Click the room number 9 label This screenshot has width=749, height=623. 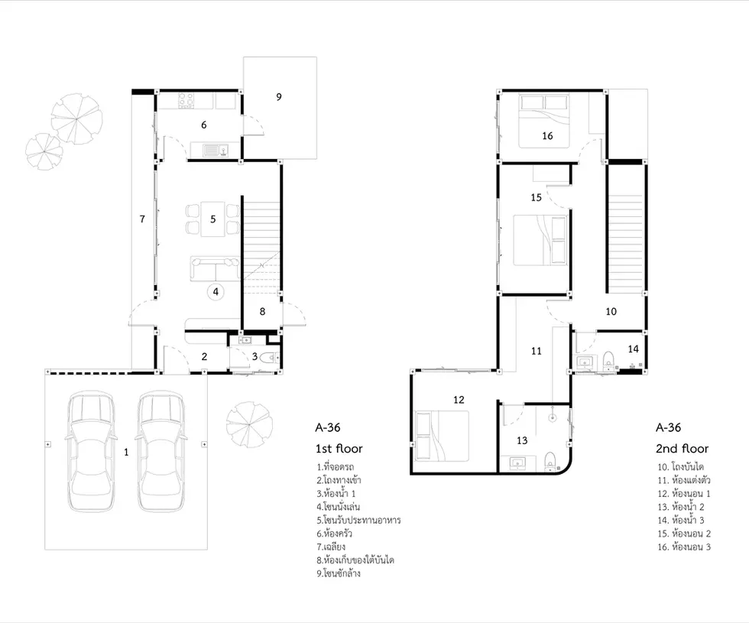point(279,96)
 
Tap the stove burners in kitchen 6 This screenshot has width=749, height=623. point(186,101)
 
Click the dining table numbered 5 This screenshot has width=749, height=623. point(213,219)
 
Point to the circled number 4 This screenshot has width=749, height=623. point(216,291)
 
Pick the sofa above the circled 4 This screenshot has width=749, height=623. point(215,268)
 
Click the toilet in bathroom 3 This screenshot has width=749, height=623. point(271,357)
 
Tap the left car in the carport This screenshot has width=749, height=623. point(91,452)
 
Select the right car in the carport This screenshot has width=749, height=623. point(161,452)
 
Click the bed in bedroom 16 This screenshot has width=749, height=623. point(544,122)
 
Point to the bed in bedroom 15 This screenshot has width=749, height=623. point(540,240)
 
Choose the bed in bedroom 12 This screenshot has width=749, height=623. point(442,435)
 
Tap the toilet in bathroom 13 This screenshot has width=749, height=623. point(550,461)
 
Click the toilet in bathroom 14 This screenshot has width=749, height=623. point(608,361)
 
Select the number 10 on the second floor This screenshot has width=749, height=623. point(611,312)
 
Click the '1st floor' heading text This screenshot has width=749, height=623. point(339,449)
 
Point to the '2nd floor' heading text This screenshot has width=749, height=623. point(682,449)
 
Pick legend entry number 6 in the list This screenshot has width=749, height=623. point(335,534)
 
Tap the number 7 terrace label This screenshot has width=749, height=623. point(142,219)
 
